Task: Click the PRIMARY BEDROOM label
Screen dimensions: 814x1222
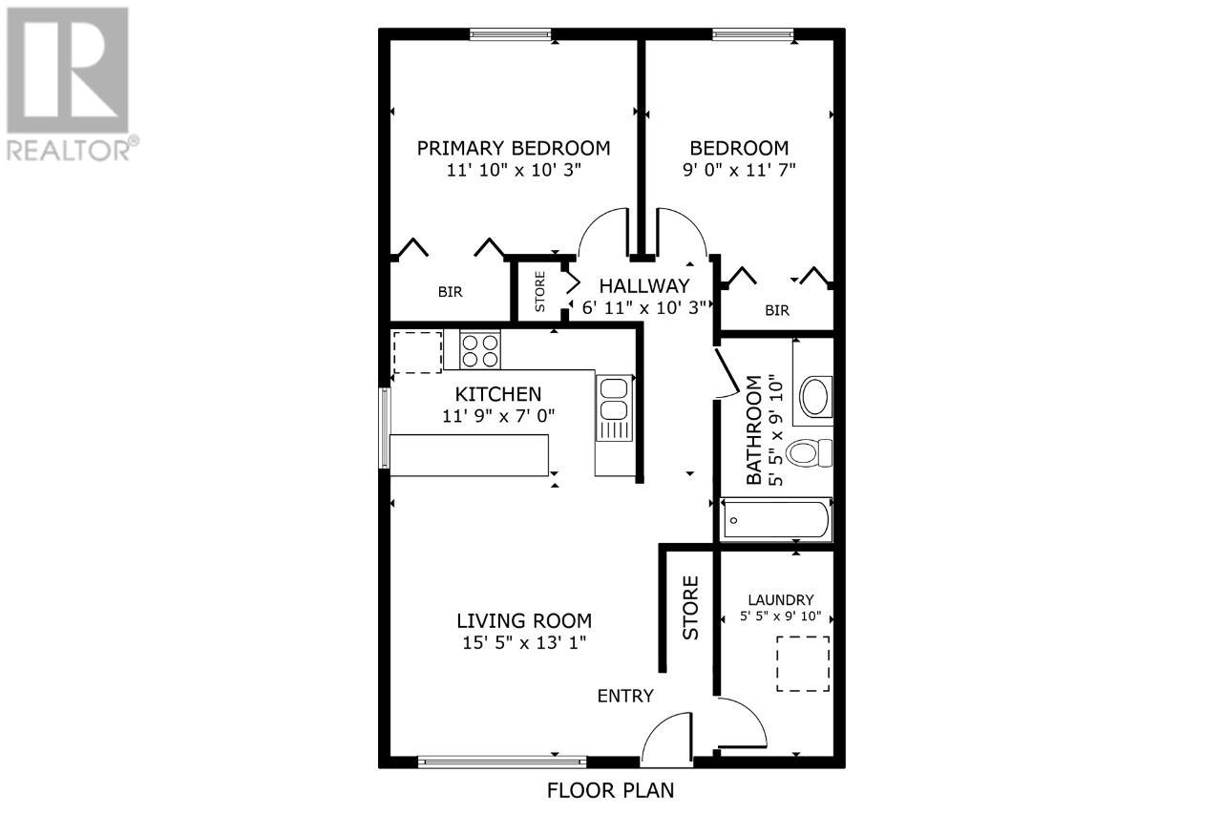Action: tap(514, 148)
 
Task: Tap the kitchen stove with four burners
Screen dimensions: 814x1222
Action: tap(480, 349)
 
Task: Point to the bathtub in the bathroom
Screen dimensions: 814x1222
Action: tap(775, 519)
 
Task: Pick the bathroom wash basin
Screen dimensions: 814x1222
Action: tap(816, 397)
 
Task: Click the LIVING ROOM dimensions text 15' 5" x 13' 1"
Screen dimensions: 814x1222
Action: tap(524, 642)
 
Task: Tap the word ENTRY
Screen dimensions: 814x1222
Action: tap(625, 696)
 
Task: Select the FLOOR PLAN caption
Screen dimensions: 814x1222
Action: tap(610, 790)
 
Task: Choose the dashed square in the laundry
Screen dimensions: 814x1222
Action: tap(802, 663)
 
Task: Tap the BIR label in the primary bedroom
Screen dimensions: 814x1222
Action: tap(451, 292)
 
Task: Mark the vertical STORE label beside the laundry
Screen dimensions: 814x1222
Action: tap(690, 608)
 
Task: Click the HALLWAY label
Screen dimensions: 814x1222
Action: tap(643, 285)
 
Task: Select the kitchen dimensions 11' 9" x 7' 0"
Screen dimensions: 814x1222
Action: tap(498, 416)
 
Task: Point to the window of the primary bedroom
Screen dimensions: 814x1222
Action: tap(510, 35)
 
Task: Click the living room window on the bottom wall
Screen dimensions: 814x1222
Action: tap(502, 761)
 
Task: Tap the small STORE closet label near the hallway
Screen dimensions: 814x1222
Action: tap(539, 292)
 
